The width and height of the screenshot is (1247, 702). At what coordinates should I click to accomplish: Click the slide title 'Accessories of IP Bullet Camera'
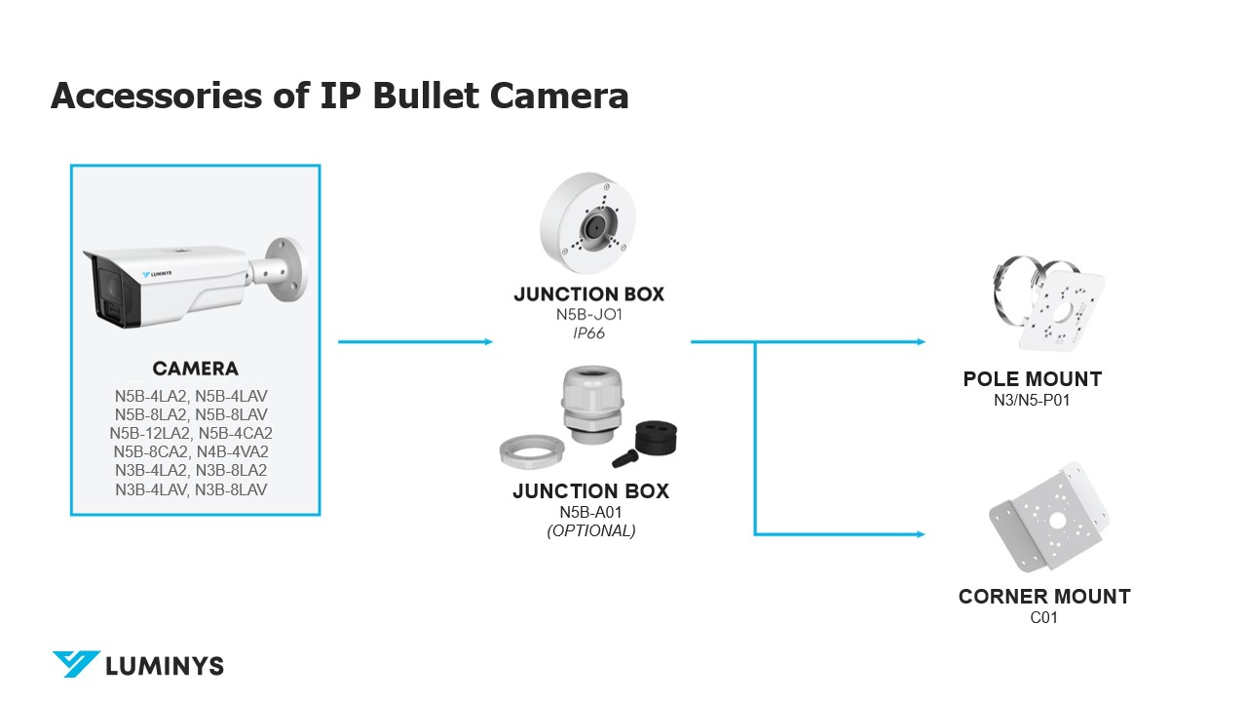pyautogui.click(x=339, y=96)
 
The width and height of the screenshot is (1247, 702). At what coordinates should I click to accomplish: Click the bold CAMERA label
pyautogui.click(x=195, y=369)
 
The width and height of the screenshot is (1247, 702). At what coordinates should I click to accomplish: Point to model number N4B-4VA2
pyautogui.click(x=233, y=451)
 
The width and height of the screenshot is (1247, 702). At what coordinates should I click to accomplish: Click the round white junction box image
pyautogui.click(x=590, y=225)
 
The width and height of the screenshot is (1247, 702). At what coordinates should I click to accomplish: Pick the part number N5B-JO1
pyautogui.click(x=588, y=315)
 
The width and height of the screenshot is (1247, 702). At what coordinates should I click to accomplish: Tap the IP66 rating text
pyautogui.click(x=588, y=333)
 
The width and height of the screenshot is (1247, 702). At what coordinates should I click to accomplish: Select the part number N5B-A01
pyautogui.click(x=590, y=512)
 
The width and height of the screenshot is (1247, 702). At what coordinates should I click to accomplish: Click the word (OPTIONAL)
pyautogui.click(x=590, y=531)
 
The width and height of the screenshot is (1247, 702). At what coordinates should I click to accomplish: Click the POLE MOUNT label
pyautogui.click(x=1032, y=379)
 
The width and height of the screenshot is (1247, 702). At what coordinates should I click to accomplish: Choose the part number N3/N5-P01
pyautogui.click(x=1032, y=400)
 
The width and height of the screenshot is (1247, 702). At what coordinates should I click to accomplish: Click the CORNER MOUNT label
pyautogui.click(x=1044, y=597)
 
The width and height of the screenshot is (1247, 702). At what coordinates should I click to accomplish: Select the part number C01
pyautogui.click(x=1043, y=617)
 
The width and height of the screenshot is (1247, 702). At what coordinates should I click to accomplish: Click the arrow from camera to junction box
pyautogui.click(x=415, y=342)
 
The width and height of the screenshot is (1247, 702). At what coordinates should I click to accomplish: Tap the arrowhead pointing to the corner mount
pyautogui.click(x=919, y=534)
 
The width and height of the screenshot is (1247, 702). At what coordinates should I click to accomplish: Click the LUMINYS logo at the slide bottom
pyautogui.click(x=137, y=665)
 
